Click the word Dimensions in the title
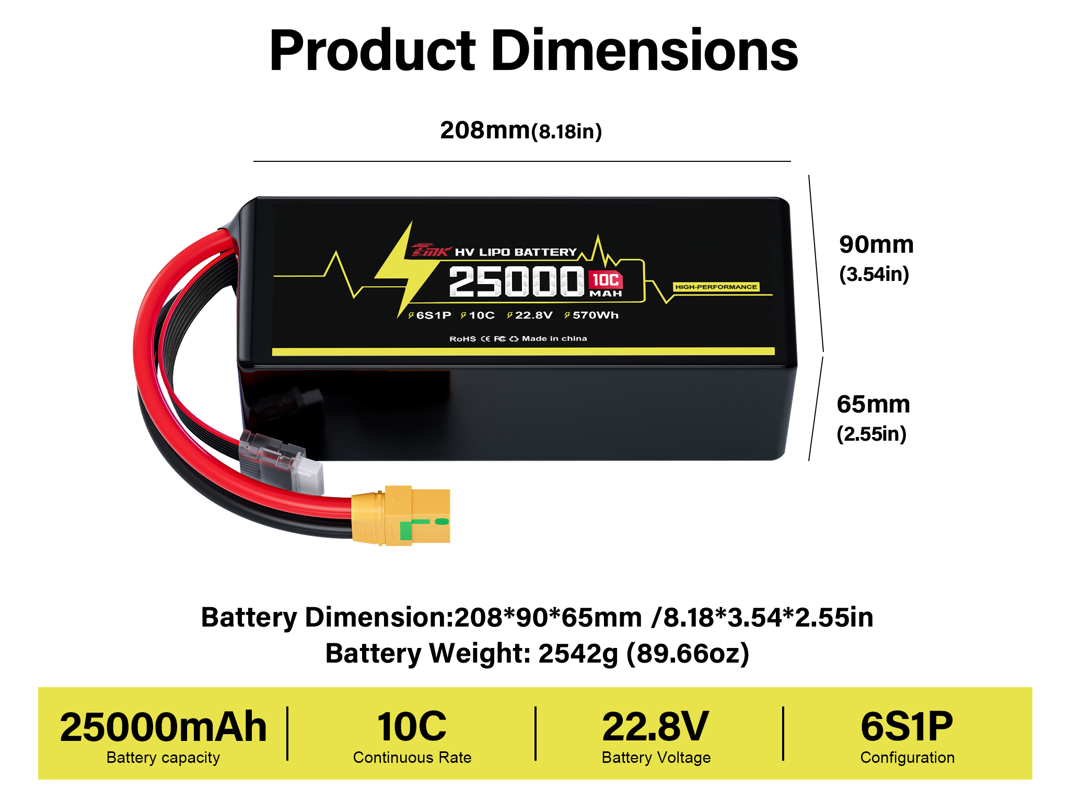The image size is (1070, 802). click(x=645, y=50)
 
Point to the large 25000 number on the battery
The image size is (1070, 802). click(x=516, y=281)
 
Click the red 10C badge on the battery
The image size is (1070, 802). click(x=606, y=280)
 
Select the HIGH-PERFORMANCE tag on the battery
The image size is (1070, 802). click(x=716, y=287)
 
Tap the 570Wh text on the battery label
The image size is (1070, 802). click(x=596, y=315)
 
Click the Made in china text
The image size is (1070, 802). click(x=554, y=338)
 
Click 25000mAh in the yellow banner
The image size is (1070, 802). click(x=164, y=727)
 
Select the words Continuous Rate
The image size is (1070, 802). click(x=412, y=758)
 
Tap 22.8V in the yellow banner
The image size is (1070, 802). click(x=656, y=727)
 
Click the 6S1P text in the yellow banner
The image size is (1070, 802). click(x=907, y=727)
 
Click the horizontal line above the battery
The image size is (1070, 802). click(x=522, y=161)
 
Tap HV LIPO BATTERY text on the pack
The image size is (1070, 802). click(x=516, y=252)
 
